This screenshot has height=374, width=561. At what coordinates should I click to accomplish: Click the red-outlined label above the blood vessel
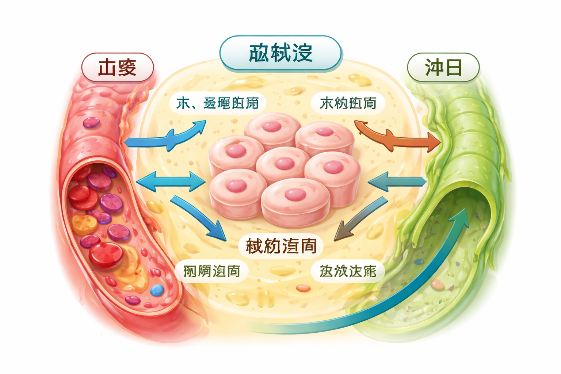(x=117, y=68)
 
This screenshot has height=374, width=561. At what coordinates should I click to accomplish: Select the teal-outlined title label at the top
(x=280, y=53)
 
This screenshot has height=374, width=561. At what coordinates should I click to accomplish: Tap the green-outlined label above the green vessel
(x=443, y=68)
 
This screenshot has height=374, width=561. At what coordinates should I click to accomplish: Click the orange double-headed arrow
(x=398, y=137)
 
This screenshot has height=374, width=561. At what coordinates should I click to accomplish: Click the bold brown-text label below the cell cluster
(x=281, y=245)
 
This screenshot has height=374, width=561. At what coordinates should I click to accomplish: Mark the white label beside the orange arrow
(x=348, y=103)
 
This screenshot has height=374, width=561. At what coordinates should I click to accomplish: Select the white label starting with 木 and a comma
(x=218, y=103)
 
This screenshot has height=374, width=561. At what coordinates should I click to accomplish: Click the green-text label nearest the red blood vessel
(x=211, y=271)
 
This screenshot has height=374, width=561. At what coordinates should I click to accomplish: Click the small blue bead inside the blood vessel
(x=157, y=290)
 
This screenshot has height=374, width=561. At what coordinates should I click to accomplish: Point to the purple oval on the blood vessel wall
(x=91, y=122)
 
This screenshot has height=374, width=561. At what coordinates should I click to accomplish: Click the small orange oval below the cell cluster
(x=303, y=289)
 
